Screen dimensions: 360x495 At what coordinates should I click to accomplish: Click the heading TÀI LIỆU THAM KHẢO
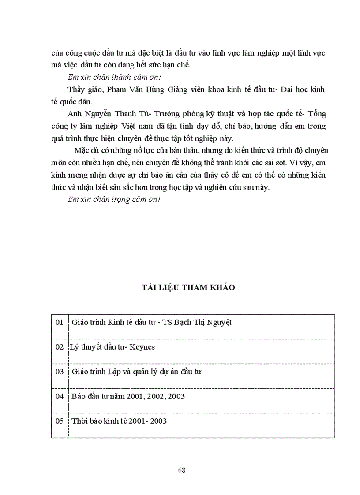(188, 287)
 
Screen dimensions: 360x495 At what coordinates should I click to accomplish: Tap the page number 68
(182, 470)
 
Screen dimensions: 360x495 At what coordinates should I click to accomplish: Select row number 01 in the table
(60, 322)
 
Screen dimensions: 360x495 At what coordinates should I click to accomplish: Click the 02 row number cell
(60, 347)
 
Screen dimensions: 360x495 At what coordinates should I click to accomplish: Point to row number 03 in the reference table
(60, 372)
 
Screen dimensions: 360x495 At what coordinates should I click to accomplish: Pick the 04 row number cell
(60, 396)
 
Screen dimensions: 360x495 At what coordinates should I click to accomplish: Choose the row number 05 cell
(60, 421)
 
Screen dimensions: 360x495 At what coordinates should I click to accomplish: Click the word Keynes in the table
(142, 347)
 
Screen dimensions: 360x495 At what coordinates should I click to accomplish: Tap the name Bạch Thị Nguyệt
(203, 322)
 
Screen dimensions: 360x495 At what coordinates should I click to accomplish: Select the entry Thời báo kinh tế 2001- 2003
(119, 421)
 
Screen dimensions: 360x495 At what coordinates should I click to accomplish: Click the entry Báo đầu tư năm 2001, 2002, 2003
(128, 396)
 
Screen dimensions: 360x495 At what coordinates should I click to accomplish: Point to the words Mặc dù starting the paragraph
(85, 150)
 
